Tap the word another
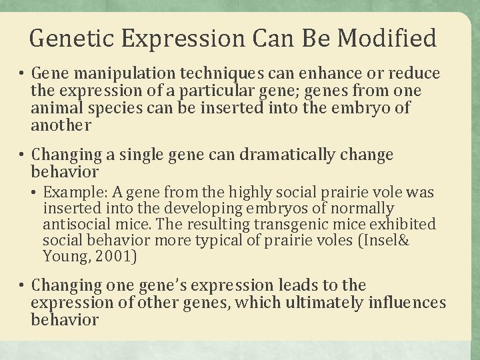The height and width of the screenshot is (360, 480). point(60,125)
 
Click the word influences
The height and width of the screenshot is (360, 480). point(404,303)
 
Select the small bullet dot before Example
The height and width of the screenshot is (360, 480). point(35,194)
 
